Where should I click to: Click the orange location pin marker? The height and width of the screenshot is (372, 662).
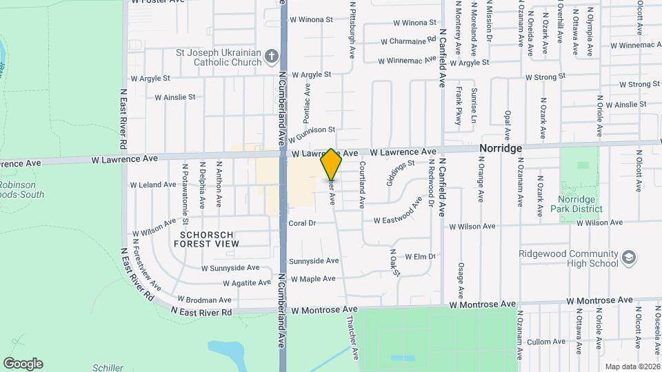click(x=331, y=165)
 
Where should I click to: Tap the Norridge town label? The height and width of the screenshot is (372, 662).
click(x=500, y=149)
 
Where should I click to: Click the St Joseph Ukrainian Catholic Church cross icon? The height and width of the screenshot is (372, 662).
click(x=272, y=56)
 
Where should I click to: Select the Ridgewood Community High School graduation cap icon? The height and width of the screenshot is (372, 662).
click(x=628, y=258)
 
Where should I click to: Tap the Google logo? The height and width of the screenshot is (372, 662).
click(x=23, y=363)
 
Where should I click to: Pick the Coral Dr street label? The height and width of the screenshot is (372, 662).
click(x=302, y=223)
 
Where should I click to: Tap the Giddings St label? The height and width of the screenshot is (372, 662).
click(x=399, y=173)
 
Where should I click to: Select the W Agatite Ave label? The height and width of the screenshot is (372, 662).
click(x=246, y=283)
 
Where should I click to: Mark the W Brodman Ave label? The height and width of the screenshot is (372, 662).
click(x=204, y=300)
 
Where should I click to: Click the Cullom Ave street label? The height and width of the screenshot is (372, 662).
click(x=546, y=342)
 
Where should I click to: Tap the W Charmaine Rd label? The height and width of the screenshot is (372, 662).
click(x=408, y=41)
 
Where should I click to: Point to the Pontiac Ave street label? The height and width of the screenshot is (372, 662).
click(x=308, y=99)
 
